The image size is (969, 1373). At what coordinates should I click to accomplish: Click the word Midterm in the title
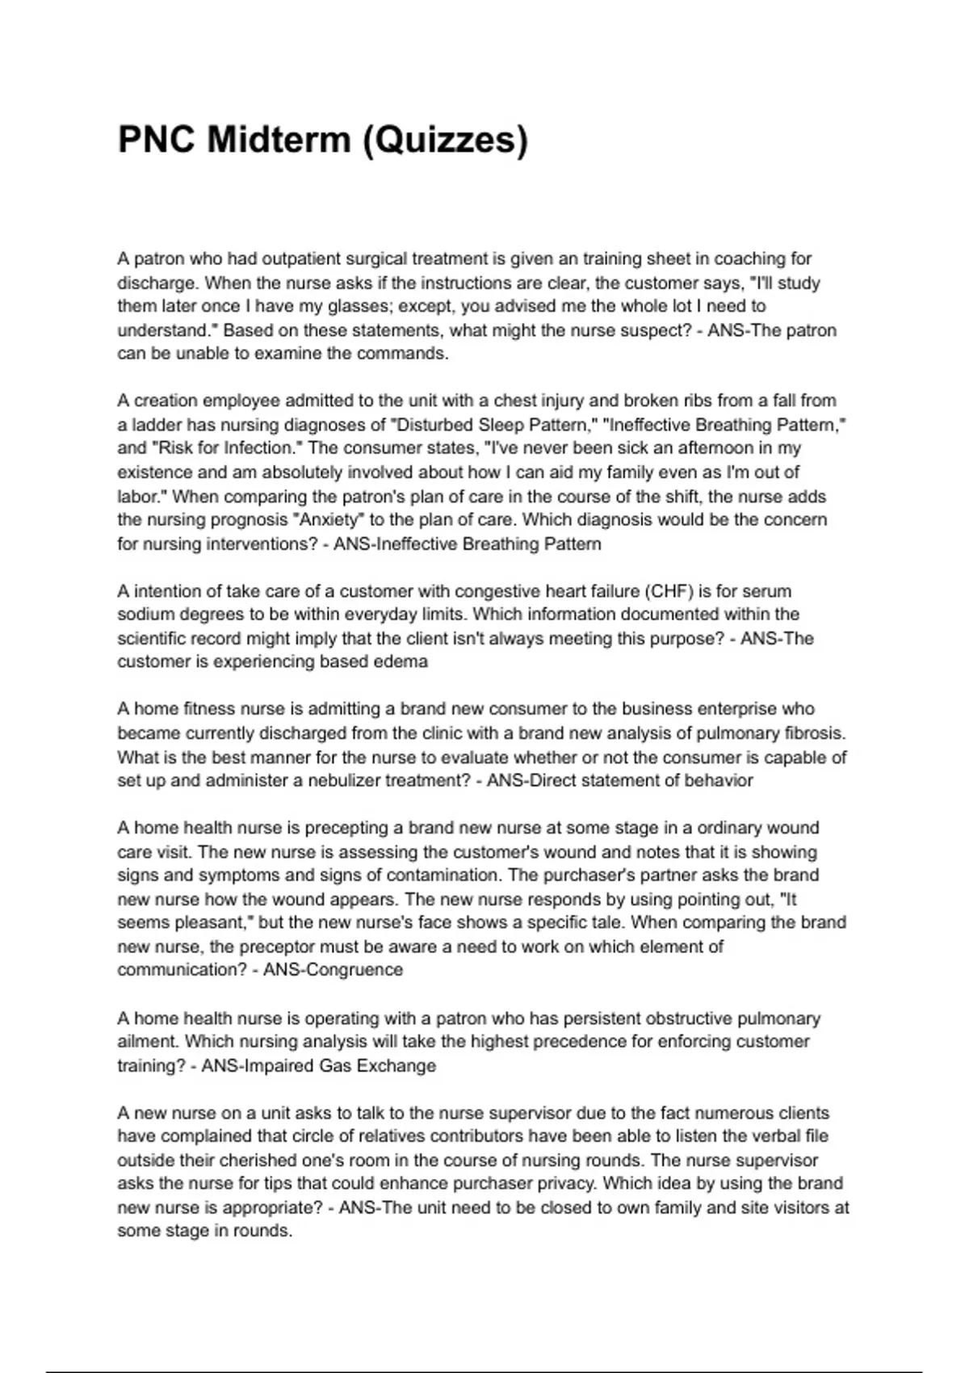click(278, 140)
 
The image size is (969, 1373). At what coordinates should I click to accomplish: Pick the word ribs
click(701, 401)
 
